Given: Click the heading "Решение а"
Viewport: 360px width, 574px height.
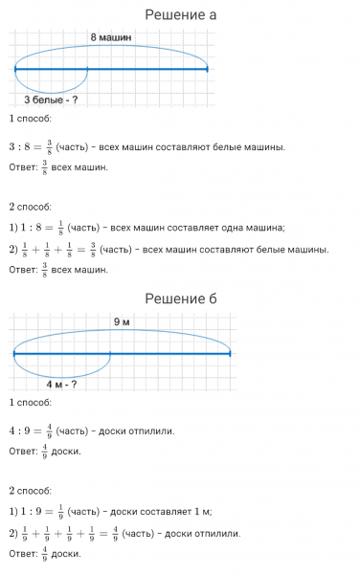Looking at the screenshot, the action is (x=180, y=14).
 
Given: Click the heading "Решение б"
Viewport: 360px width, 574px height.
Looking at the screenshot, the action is (x=180, y=299).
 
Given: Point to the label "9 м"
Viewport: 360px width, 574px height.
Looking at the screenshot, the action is (x=122, y=321).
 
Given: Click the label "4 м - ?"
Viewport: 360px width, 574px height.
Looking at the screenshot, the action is (x=61, y=384).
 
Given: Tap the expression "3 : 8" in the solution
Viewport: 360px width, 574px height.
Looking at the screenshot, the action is (x=21, y=147).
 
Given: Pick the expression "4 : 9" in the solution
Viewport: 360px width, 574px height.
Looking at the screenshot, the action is (x=21, y=431).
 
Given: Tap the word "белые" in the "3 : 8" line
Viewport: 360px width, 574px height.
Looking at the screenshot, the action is (x=233, y=147).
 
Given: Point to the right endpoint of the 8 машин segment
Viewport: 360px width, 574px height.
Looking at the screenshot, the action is (x=207, y=69).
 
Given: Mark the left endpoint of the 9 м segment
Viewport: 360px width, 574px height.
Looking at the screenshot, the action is (x=14, y=354).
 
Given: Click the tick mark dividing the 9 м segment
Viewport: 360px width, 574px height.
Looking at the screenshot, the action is (x=110, y=354).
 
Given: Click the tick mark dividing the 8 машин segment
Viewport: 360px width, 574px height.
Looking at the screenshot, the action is (x=87, y=69).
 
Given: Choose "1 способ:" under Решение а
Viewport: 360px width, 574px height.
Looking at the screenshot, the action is (x=31, y=119).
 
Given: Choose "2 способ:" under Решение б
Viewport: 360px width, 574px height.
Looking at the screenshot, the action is (x=31, y=489).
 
